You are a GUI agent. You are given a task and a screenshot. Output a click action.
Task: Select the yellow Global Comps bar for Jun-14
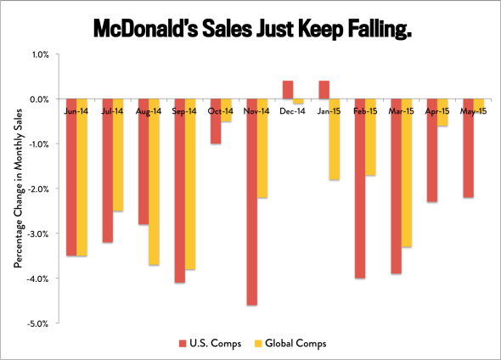[x=82, y=183]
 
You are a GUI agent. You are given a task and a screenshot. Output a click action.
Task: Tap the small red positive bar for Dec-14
[x=288, y=89]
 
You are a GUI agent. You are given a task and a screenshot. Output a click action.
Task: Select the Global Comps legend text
[x=292, y=343]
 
